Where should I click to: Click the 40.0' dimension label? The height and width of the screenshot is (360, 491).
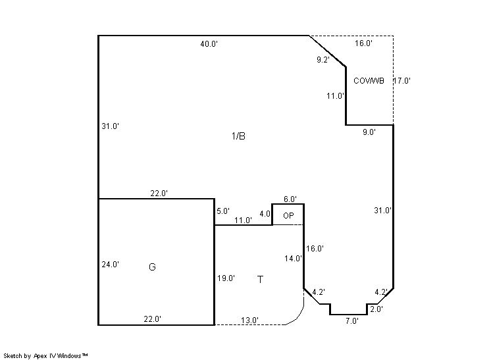tap(209, 44)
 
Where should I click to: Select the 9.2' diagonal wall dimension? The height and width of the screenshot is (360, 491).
tap(323, 60)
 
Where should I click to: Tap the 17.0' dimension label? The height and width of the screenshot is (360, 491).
tap(401, 81)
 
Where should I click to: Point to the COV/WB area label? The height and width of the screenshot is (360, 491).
tap(369, 81)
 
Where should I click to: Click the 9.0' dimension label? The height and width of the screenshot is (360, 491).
tap(369, 132)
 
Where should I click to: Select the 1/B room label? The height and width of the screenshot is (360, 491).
tap(238, 136)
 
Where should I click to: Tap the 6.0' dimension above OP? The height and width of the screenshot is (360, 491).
tap(290, 199)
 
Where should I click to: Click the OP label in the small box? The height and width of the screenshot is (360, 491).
tap(288, 216)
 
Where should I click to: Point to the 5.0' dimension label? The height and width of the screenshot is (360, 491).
tap(223, 211)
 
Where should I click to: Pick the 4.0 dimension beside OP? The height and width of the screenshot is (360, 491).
tap(265, 214)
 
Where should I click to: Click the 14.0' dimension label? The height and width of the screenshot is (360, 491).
tap(293, 259)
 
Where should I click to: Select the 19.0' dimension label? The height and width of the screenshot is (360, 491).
tap(226, 278)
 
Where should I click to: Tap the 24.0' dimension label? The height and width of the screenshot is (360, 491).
tap(110, 265)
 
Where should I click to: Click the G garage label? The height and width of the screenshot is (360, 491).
tap(152, 267)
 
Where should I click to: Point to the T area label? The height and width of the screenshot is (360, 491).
tap(260, 279)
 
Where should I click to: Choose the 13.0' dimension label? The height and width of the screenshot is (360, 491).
tap(249, 321)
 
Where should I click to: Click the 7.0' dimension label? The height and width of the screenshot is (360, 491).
tap(352, 321)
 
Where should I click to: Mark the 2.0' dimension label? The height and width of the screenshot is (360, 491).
tap(376, 309)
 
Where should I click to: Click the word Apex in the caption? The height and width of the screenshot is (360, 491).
tap(40, 356)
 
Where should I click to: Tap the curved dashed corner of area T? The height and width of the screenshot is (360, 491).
tap(298, 317)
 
